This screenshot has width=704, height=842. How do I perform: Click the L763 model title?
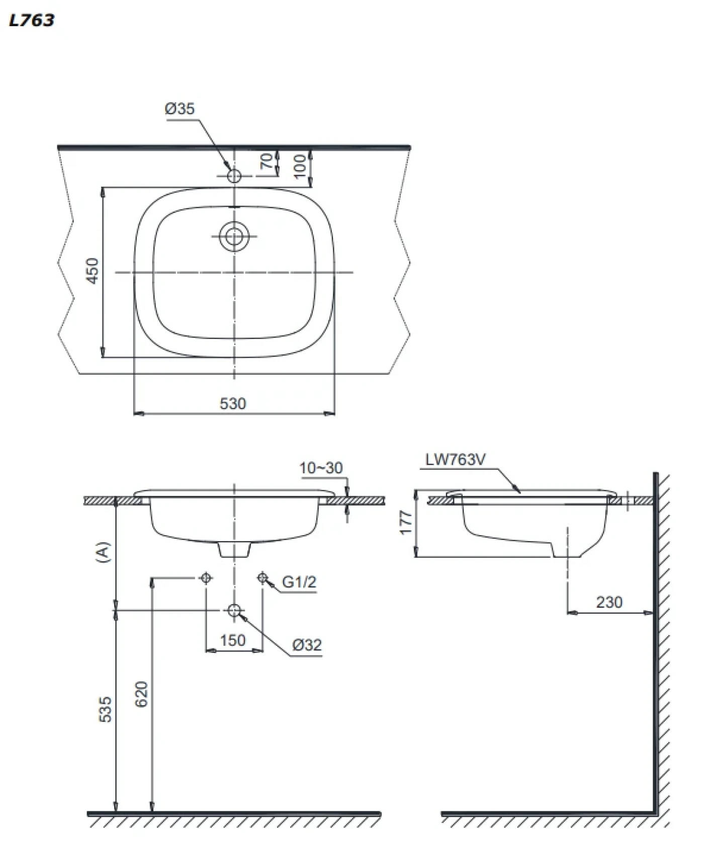[x=31, y=20]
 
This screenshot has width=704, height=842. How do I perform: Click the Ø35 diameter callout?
[x=180, y=109]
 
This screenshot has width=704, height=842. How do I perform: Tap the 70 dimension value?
[x=268, y=161]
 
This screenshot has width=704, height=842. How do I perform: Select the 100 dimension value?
[x=300, y=166]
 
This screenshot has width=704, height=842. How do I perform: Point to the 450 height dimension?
[x=93, y=271]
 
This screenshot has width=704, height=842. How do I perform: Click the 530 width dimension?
[x=233, y=403]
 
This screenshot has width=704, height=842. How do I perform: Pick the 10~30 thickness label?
[x=321, y=468]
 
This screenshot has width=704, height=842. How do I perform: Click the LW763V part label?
[x=456, y=459]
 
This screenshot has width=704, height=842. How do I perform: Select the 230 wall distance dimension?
[x=609, y=602]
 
